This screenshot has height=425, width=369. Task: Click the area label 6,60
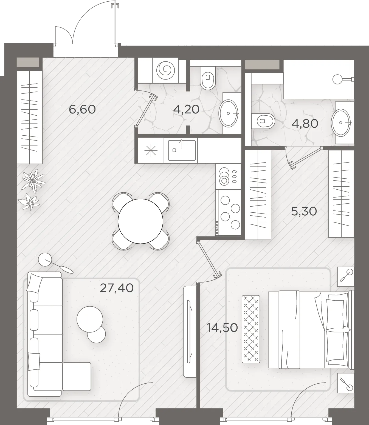click(82, 109)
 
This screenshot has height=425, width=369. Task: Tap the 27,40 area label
click(117, 288)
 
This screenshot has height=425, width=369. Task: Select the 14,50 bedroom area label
click(222, 328)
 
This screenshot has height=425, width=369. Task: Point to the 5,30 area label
click(304, 211)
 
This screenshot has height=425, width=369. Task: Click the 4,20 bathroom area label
click(186, 109)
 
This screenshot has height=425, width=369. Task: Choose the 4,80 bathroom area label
click(305, 124)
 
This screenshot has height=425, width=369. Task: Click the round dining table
click(140, 221)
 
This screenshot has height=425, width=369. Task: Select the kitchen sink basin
click(182, 150)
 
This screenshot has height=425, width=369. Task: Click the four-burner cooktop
click(228, 212)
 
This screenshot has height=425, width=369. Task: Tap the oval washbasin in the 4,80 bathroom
click(341, 123)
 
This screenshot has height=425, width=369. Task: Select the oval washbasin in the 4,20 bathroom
click(228, 113)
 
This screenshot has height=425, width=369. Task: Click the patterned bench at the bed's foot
click(251, 329)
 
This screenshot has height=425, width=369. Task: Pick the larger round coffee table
click(90, 319)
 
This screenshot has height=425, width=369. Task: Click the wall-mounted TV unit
click(190, 332)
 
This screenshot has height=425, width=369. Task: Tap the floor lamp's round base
click(45, 260)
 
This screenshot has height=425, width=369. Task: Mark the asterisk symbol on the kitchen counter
click(151, 150)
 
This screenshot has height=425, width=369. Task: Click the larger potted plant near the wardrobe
click(34, 181)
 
